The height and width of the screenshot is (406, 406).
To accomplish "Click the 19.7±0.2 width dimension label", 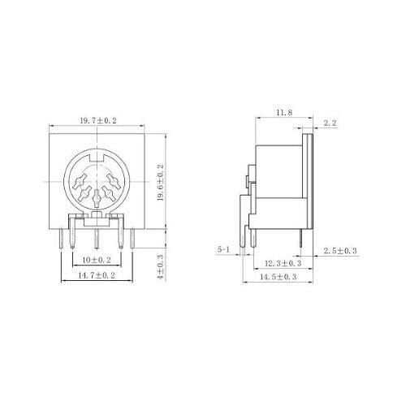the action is pos(98,120).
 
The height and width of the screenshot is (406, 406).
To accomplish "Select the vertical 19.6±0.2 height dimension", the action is pos(161,182).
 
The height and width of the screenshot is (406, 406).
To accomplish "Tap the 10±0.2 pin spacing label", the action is pos(97,260).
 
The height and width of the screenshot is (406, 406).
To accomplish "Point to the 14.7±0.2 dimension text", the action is pos(97,275).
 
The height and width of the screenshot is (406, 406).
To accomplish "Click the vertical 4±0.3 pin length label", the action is pos(161,266).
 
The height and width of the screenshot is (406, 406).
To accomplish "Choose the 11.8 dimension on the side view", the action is pos(284,113).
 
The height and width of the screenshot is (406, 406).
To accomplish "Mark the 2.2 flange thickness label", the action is pos(330,123).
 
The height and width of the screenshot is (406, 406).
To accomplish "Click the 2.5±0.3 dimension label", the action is pos(340,251).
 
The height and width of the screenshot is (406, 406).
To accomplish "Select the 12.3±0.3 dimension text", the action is pos(283,263).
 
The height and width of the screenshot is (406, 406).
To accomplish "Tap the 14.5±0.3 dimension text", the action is pos(279,277).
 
